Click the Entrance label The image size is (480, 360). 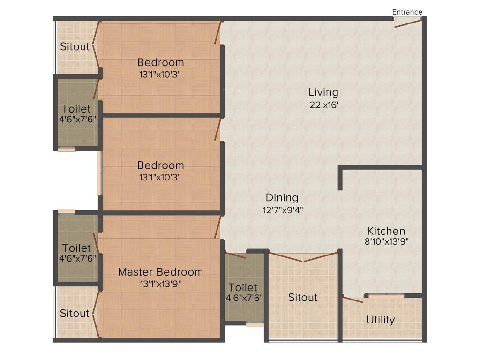407,12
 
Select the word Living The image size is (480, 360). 323,92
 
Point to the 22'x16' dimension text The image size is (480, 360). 323,105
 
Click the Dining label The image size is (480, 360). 282,197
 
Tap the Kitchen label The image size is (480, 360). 386,231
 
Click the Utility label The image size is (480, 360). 380,320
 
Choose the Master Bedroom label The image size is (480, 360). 160,272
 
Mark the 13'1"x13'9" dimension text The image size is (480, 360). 160,284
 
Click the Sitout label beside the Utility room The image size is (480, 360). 302,298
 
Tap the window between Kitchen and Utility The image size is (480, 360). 386,296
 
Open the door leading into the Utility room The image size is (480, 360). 352,299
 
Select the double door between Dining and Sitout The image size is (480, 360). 303,257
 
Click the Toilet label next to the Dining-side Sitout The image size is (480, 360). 243,287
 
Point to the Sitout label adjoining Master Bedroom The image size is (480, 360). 75,313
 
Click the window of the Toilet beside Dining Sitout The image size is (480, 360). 255,323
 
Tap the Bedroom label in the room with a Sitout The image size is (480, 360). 160,62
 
